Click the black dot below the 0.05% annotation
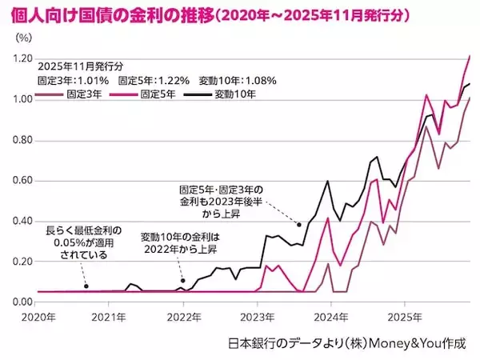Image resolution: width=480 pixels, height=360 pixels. click(x=86, y=286)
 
